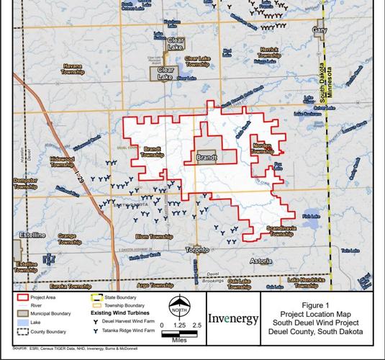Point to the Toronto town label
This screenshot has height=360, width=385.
196,250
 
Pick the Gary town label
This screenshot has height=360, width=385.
320,30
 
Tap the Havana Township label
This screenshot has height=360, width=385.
73,70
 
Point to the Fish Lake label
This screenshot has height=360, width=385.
311,215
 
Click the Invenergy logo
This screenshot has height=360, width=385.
232,318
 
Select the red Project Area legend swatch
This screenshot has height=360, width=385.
19,297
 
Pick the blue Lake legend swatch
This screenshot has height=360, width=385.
19,323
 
